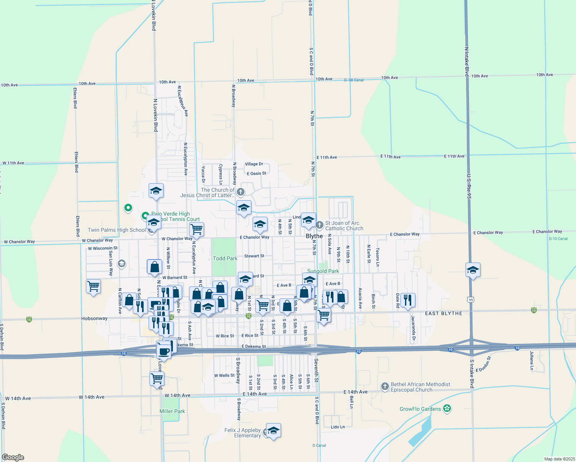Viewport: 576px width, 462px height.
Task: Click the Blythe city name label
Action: (x=314, y=236)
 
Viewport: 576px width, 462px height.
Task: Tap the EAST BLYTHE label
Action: (x=444, y=314)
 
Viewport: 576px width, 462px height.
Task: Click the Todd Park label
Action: (x=225, y=258)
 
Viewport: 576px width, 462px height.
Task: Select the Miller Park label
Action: (x=172, y=411)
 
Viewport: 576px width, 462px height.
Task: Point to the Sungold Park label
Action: (x=323, y=271)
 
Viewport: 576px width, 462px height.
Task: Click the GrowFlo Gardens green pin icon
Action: (x=447, y=408)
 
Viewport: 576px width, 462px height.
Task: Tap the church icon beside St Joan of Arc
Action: (x=319, y=225)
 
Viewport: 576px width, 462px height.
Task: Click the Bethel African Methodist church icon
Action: (x=385, y=387)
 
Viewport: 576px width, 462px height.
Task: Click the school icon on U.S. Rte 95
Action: (x=473, y=270)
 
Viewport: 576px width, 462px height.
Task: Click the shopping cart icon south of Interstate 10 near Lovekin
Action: (x=157, y=378)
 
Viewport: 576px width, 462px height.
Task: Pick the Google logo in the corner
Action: (x=13, y=457)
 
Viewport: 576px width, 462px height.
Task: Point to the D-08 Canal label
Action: (x=353, y=80)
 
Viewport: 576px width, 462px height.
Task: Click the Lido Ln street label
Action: (x=338, y=427)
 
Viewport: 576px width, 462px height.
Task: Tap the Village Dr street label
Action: (x=254, y=164)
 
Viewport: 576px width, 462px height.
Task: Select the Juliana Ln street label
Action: (x=532, y=360)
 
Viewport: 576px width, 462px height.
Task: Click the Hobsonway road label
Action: (x=94, y=318)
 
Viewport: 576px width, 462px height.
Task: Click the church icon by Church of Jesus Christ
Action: (x=241, y=192)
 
